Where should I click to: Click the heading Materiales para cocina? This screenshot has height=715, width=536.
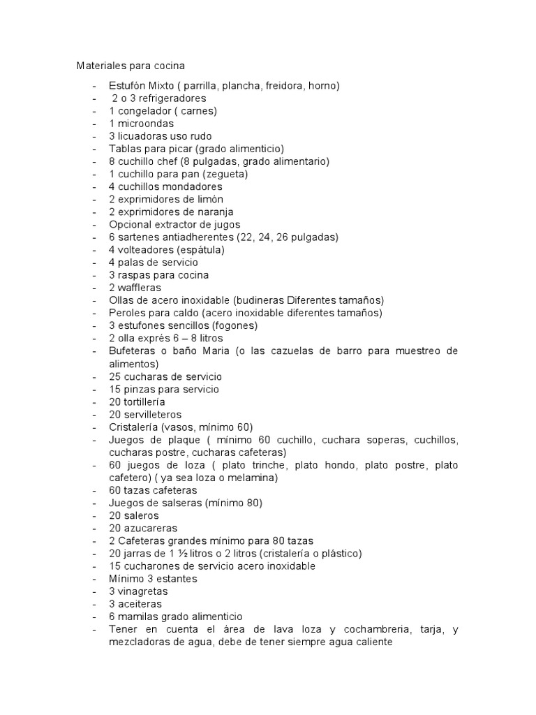coord(131,66)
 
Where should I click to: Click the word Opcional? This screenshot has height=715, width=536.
coord(131,224)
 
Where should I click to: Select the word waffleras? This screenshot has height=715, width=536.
coord(140,288)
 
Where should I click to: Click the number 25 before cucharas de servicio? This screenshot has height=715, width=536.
coord(115,376)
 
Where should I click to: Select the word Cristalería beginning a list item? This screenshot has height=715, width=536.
coord(134,427)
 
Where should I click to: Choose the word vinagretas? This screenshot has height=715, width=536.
coord(142,591)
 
